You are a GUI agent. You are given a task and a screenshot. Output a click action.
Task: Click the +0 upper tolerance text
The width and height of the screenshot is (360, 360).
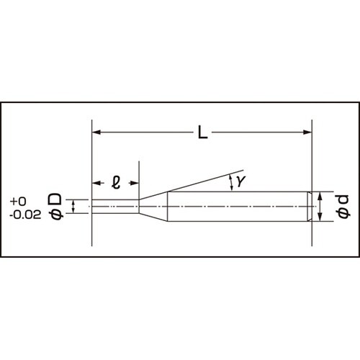(19, 201)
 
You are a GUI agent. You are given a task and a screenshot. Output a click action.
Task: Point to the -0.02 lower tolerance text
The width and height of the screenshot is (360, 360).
(24, 214)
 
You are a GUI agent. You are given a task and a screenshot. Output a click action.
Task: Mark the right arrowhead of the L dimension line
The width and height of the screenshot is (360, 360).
(307, 132)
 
